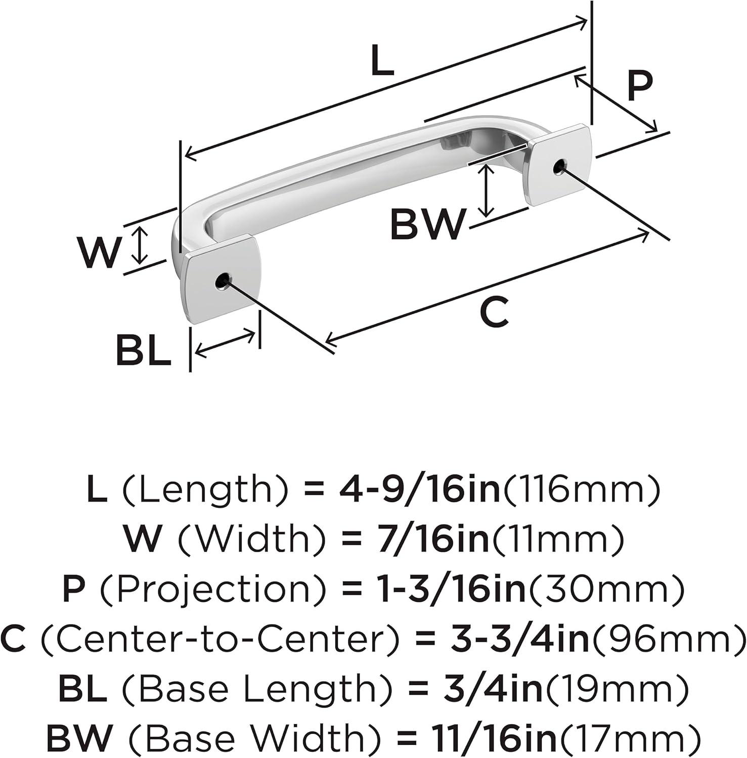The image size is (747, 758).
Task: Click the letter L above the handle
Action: pyautogui.click(x=382, y=61)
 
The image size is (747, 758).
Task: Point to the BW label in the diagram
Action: pyautogui.click(x=427, y=224)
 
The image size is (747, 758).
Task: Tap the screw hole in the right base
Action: pyautogui.click(x=559, y=167)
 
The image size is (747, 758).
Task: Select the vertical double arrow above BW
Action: pyautogui.click(x=487, y=191)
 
